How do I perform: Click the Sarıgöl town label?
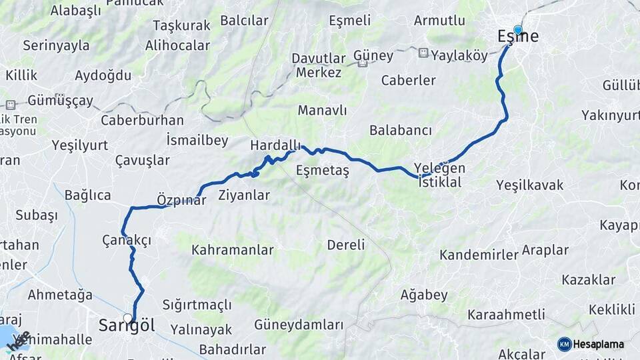pyautogui.click(x=127, y=326)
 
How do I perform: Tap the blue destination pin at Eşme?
pyautogui.click(x=517, y=29)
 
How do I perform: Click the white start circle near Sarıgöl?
pyautogui.click(x=127, y=318)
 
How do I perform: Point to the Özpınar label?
pyautogui.click(x=181, y=199)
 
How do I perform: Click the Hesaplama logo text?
pyautogui.click(x=598, y=344)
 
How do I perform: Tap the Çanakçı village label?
pyautogui.click(x=127, y=240)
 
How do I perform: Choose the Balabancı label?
pyautogui.click(x=400, y=130)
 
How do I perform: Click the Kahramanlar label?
pyautogui.click(x=233, y=250)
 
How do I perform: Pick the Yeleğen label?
pyautogui.click(x=439, y=168)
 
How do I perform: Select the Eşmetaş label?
pyautogui.click(x=323, y=170)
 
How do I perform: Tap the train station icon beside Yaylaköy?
pyautogui.click(x=423, y=52)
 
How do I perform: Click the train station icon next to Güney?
pyautogui.click(x=363, y=64)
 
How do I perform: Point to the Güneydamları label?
pyautogui.click(x=299, y=325)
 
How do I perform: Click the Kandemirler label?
pyautogui.click(x=479, y=255)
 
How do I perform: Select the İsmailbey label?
pyautogui.click(x=197, y=140)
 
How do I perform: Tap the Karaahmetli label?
pyautogui.click(x=506, y=314)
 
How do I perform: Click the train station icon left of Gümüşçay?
pyautogui.click(x=11, y=105)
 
